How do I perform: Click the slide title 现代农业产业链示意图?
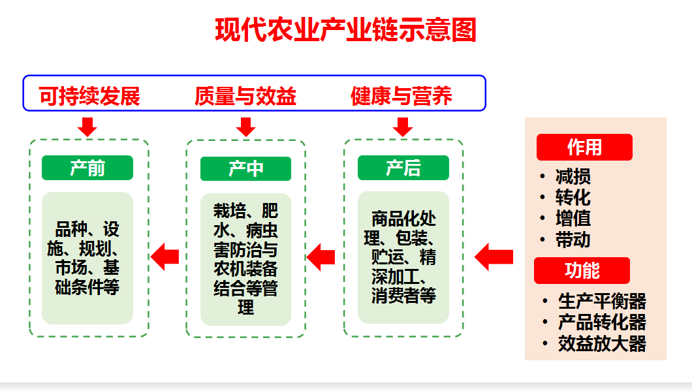(346, 31)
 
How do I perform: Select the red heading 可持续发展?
(89, 97)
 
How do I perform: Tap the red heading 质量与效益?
(245, 97)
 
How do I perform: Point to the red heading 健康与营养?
(401, 97)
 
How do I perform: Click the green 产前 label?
(87, 168)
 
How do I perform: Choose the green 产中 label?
(245, 168)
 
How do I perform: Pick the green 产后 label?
(403, 168)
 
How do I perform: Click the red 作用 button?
(584, 147)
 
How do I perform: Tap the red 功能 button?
(582, 270)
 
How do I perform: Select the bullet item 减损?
(573, 177)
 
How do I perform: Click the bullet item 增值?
(573, 219)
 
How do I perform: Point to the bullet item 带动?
(573, 240)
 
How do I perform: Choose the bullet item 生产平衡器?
(602, 302)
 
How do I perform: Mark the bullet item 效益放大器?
(602, 343)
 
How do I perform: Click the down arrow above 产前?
(87, 126)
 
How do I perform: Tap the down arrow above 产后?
(403, 126)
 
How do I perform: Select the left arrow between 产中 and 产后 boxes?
(321, 257)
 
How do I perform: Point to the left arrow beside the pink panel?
(494, 257)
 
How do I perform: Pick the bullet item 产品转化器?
(602, 322)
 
